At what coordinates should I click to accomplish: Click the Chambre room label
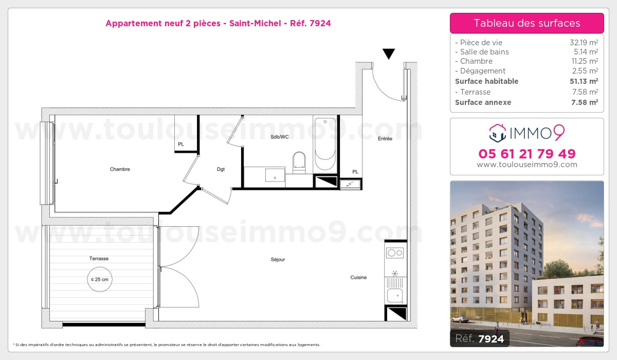coord(120,169)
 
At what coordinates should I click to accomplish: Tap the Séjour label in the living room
coord(278,260)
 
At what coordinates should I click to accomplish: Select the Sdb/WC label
coord(280,137)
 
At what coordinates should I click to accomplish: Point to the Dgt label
coord(221,169)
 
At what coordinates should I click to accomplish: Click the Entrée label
coord(385,139)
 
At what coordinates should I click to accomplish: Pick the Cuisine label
coord(358,277)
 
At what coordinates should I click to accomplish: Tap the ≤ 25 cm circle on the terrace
coord(100,279)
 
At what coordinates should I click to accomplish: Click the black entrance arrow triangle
coord(389,54)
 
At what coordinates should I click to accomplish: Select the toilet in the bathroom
coord(299,163)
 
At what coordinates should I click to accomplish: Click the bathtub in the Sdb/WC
coord(325,144)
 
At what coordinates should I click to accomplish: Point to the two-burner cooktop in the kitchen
coord(395,253)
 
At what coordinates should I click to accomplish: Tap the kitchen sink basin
coord(395,296)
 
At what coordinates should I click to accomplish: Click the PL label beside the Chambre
coord(181,145)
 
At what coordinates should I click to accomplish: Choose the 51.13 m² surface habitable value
coord(584,81)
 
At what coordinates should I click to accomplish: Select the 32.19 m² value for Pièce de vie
coord(584,43)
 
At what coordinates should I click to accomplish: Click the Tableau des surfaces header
coord(527,23)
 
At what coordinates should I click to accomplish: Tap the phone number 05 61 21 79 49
coord(527,154)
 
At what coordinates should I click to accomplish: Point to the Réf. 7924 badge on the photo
coord(480,338)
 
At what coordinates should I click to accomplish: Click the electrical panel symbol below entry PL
coord(350,184)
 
